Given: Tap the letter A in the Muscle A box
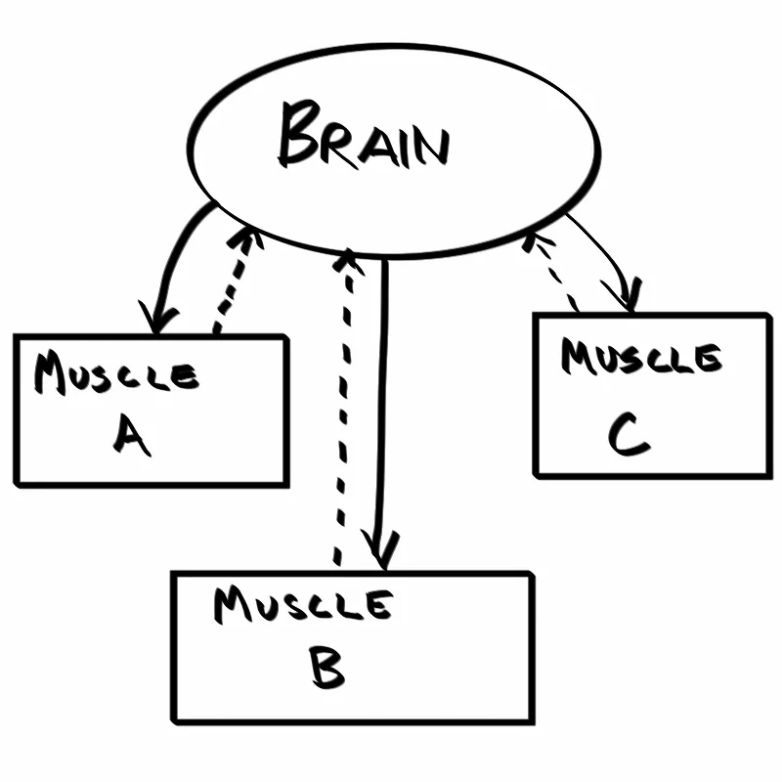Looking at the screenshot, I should (x=131, y=437).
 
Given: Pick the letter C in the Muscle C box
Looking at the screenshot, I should (x=628, y=436).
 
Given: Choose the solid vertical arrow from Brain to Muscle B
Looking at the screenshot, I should (x=383, y=411).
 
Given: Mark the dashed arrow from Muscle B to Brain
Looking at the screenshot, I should (x=343, y=411).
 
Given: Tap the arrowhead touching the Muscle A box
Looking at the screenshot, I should (x=161, y=318).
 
